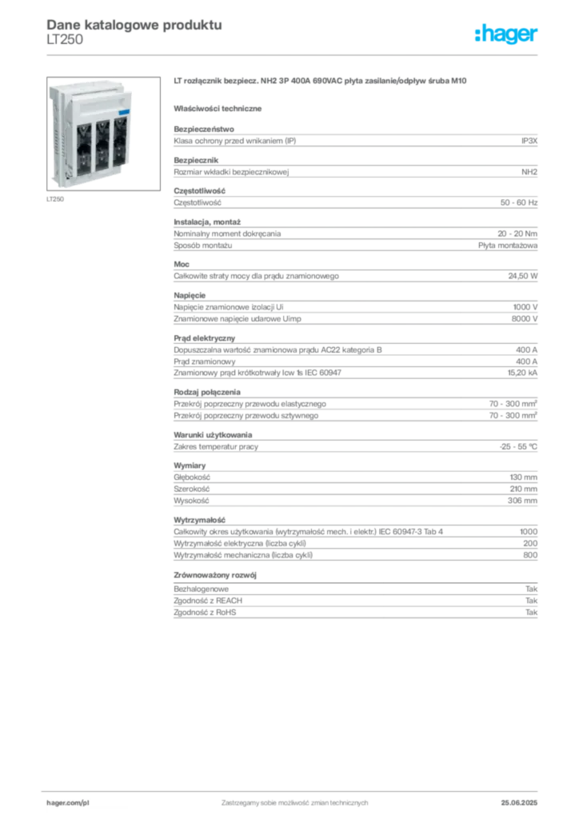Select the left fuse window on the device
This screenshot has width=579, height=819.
(x=84, y=146)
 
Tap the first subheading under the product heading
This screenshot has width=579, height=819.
(x=220, y=107)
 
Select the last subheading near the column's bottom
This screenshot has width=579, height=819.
(x=217, y=575)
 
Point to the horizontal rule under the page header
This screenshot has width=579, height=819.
(x=293, y=54)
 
